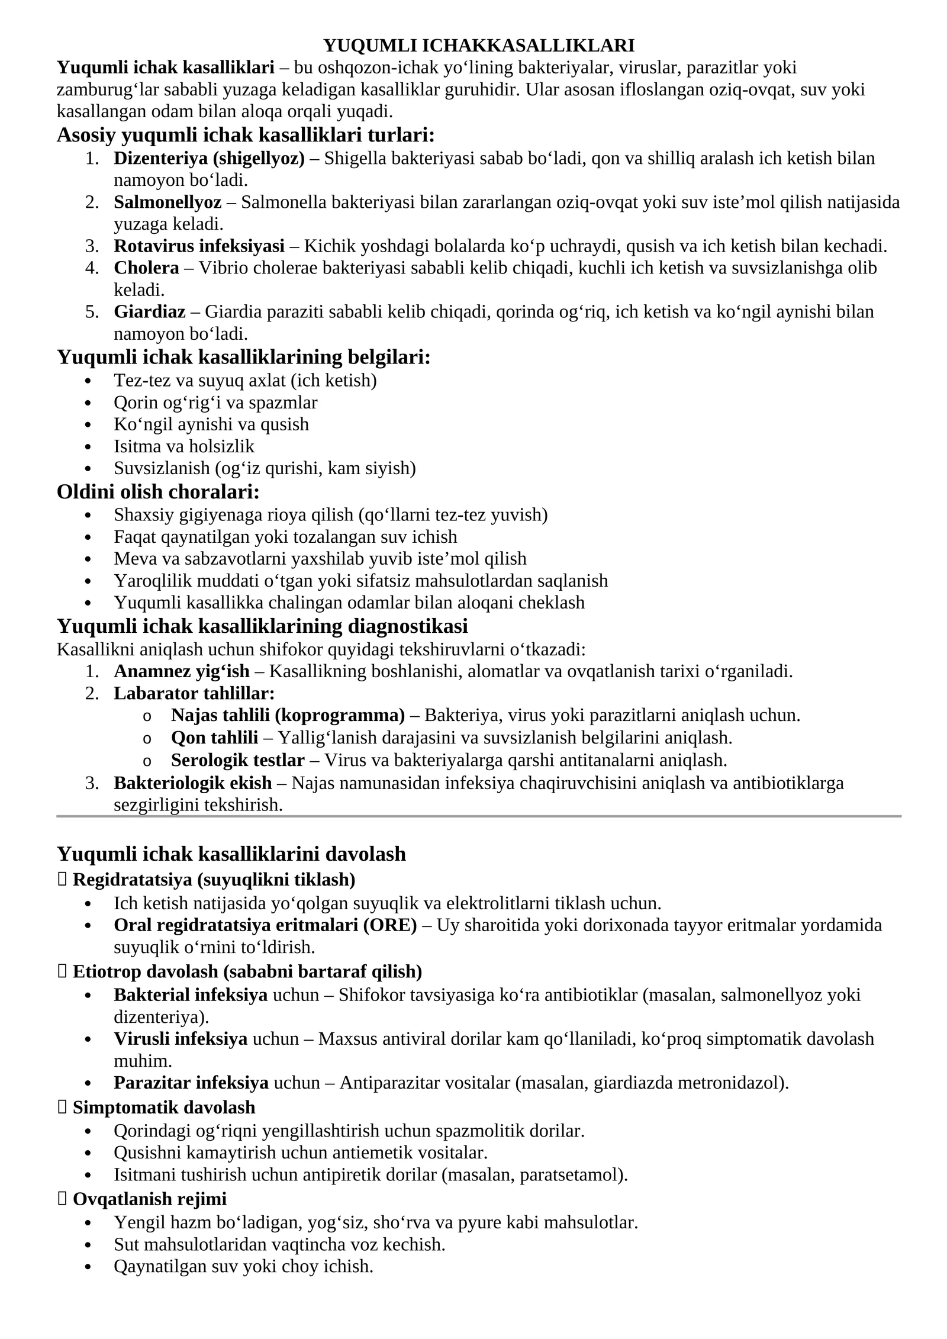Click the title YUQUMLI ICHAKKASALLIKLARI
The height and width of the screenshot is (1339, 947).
coord(479,46)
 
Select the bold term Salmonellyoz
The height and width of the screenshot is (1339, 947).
coord(168,202)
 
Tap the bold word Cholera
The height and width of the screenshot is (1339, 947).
coord(146,268)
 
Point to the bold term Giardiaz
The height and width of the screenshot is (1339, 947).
coord(149,312)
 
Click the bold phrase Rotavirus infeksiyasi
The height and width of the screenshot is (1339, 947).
coord(199,246)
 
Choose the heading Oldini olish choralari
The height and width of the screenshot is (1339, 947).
coord(158,492)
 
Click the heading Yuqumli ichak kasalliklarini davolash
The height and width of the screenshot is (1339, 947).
coord(231,854)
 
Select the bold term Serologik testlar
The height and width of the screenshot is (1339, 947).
coord(238,760)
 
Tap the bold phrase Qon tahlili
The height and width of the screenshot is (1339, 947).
coord(214,738)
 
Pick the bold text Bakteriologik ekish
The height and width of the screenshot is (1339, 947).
coord(193,783)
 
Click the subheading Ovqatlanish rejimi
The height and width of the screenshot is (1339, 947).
coord(149,1199)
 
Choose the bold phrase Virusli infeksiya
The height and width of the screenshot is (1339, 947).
coord(181,1039)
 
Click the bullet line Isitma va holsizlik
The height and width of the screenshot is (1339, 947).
coord(184,446)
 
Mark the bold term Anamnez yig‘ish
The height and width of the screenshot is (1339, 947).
coord(182,672)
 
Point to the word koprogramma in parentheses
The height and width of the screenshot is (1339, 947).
coord(339,716)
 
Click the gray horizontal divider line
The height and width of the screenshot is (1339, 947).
coord(479,816)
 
